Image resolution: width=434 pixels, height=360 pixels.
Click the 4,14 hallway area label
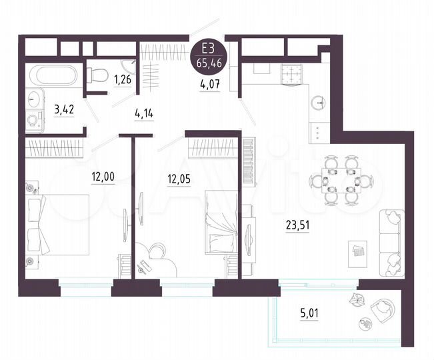[x=144, y=114]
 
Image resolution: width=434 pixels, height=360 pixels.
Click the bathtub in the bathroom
[x=51, y=73]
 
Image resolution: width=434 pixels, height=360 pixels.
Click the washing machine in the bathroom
[x=32, y=120]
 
